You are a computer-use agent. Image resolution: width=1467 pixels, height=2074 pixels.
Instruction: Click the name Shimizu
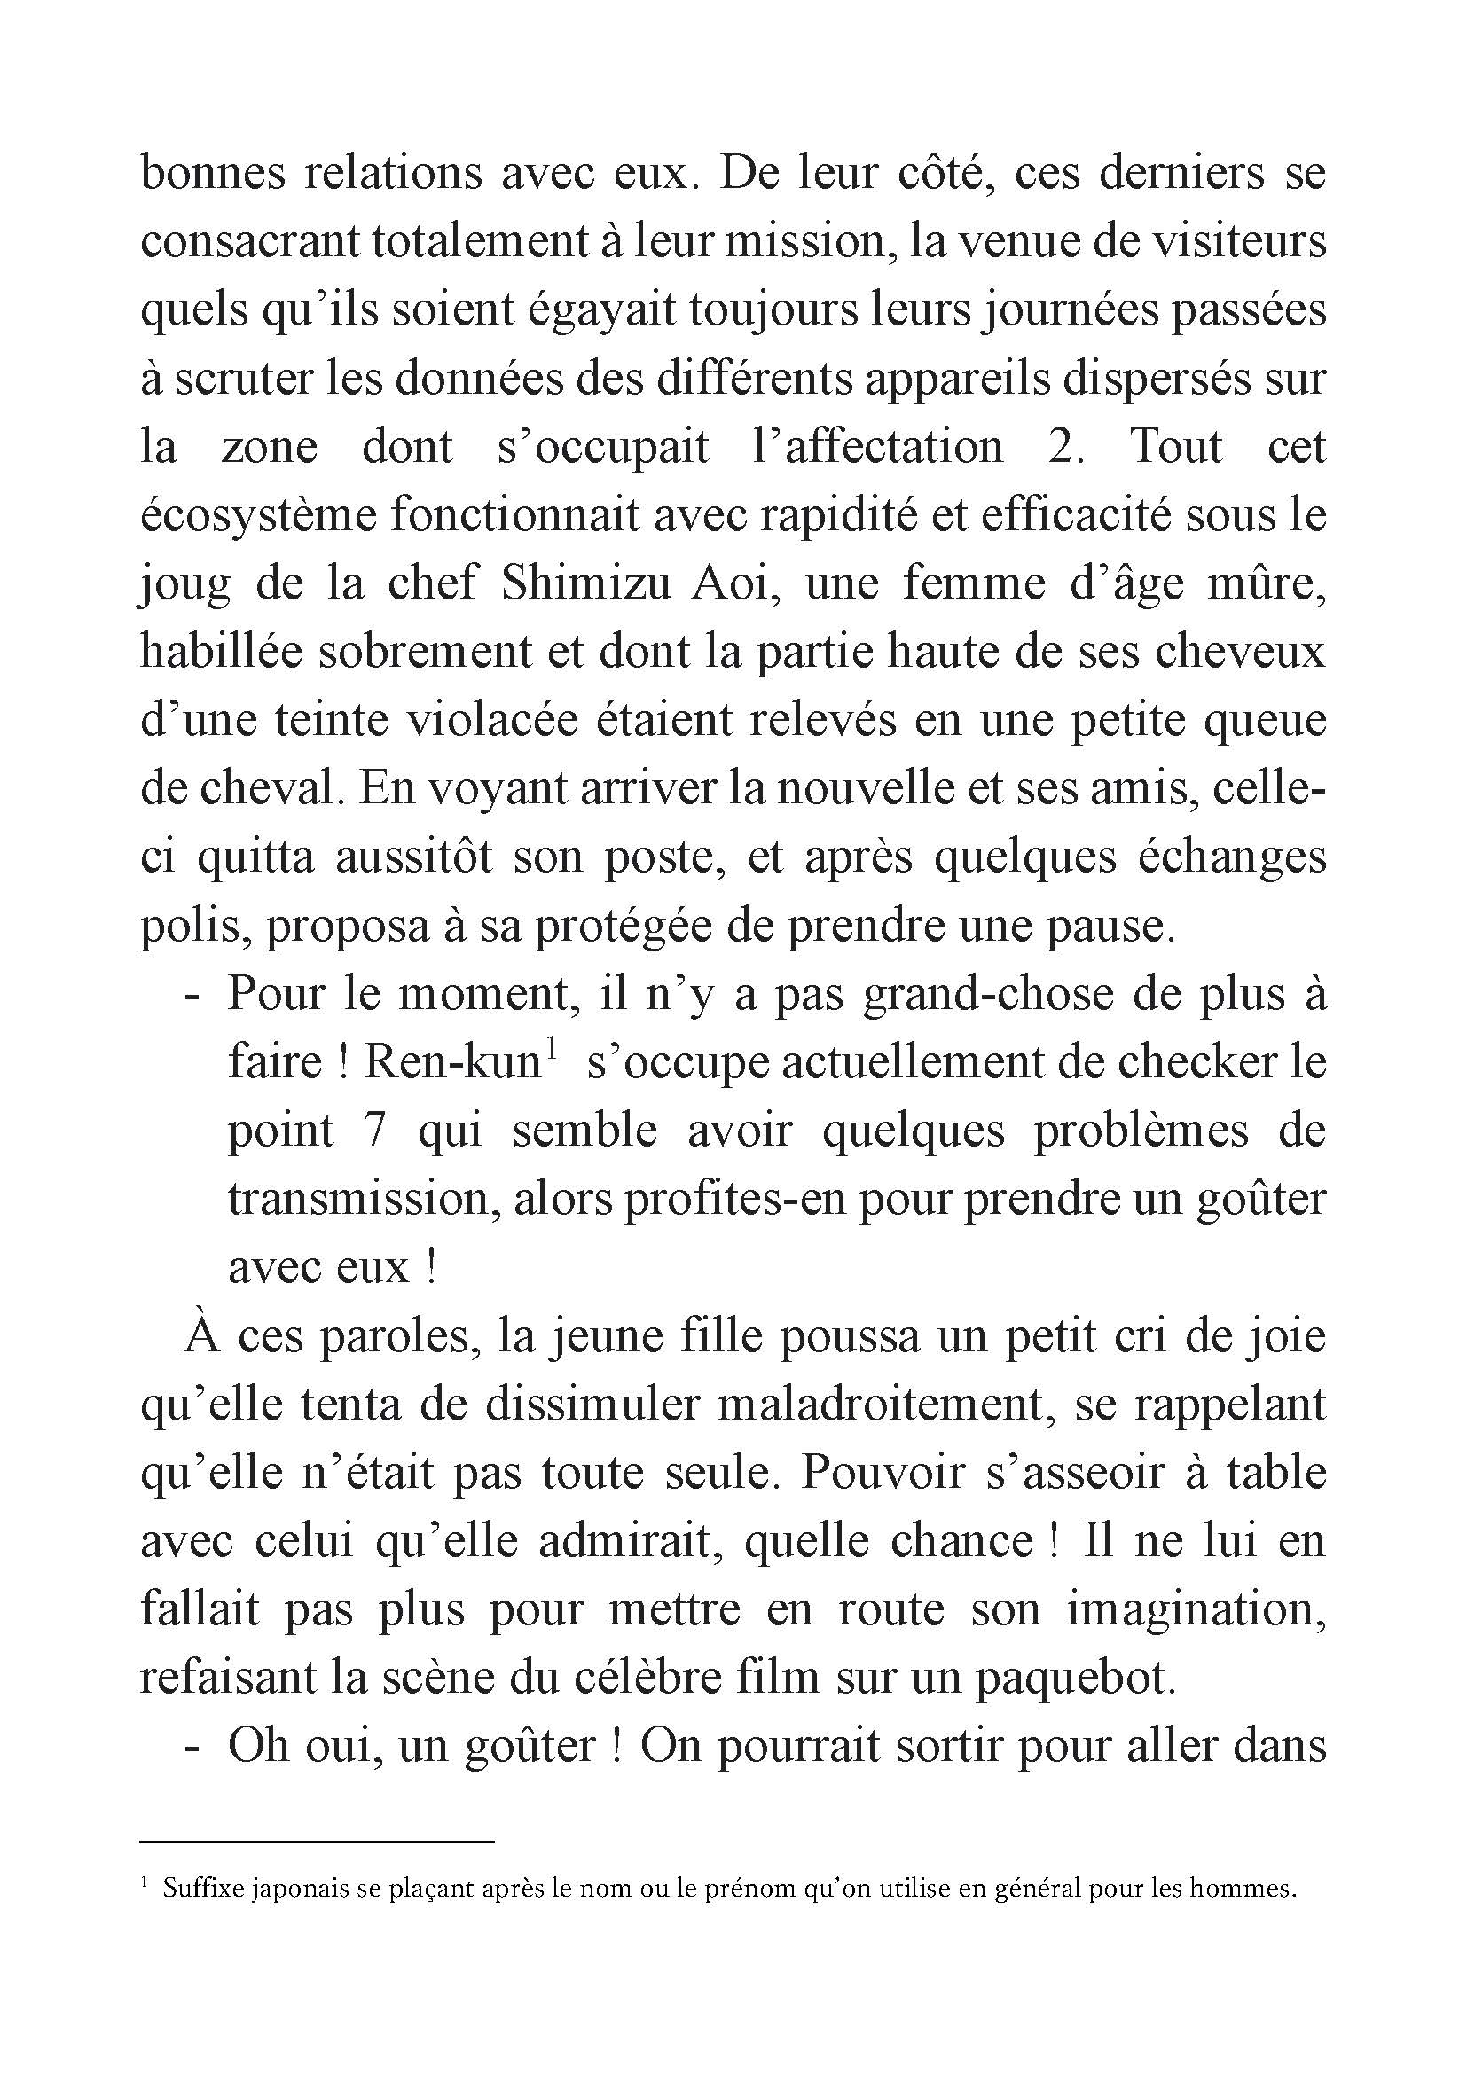(585, 583)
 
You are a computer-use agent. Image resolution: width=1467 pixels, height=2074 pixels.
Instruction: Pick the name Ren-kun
(450, 1062)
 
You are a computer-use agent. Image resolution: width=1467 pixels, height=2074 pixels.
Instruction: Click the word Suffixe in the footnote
(198, 1888)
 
